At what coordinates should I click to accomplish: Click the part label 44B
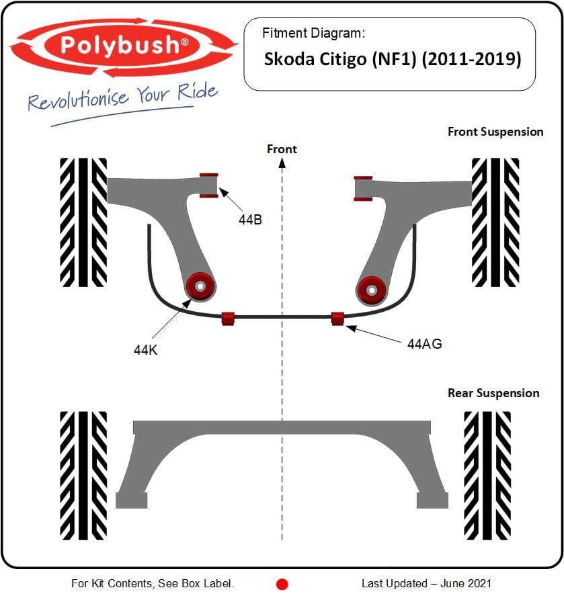pos(250,220)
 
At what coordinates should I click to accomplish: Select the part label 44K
pos(145,350)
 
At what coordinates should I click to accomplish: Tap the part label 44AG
pos(424,344)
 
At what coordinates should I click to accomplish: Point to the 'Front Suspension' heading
pos(495,132)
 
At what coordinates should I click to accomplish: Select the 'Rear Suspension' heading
pos(493,393)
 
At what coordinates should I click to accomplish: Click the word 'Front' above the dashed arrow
pos(282,149)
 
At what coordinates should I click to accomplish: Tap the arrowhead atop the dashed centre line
pos(282,163)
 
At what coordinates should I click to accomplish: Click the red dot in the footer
pos(282,584)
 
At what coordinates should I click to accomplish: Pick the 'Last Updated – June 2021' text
pos(426,583)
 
